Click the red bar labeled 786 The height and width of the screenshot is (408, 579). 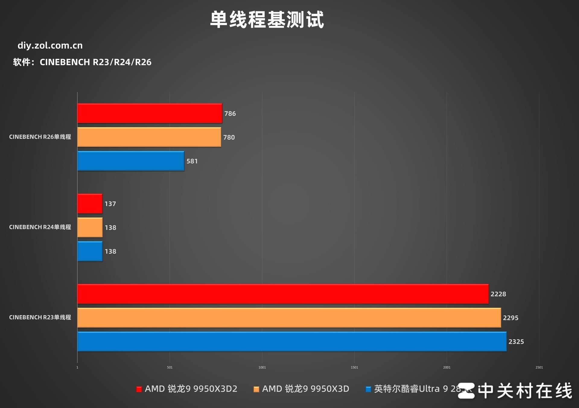[x=150, y=113]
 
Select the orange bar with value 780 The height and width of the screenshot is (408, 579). [x=149, y=137]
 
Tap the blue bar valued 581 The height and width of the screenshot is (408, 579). [x=131, y=161]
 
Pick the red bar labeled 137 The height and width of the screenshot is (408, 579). [x=90, y=204]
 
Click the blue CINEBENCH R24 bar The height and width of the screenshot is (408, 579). [x=90, y=251]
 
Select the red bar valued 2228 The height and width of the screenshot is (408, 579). [x=283, y=294]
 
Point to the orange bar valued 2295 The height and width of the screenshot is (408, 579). [x=289, y=318]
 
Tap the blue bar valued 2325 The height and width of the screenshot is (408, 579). [x=292, y=342]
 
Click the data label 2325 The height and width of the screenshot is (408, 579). [x=516, y=342]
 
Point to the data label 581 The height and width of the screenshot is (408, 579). [x=192, y=161]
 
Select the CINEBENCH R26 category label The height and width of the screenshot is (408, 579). [x=40, y=137]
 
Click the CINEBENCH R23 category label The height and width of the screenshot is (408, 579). [x=40, y=317]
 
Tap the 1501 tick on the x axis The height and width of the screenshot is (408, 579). [x=354, y=367]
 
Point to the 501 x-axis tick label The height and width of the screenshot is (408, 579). [x=170, y=367]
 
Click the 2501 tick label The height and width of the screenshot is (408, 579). [x=539, y=367]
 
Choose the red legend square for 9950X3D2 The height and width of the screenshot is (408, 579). [x=139, y=389]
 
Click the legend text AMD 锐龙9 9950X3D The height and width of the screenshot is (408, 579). [x=305, y=389]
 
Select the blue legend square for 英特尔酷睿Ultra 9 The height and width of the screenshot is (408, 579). [x=368, y=389]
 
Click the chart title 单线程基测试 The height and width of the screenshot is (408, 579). [x=267, y=20]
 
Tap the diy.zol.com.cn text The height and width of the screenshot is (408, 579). [x=50, y=46]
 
